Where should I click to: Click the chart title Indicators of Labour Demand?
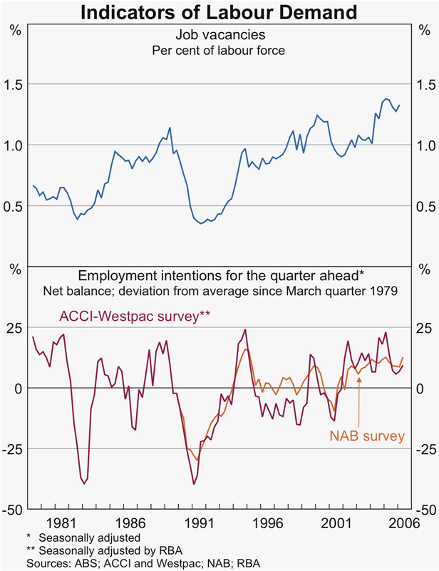(x=218, y=11)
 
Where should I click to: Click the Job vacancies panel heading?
(x=219, y=35)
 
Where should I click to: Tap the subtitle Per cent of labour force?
(x=219, y=50)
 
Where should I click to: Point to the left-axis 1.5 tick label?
(x=14, y=85)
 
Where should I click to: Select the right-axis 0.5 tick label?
(x=425, y=207)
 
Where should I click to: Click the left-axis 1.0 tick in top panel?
(x=14, y=145)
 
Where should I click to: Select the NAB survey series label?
(x=367, y=436)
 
